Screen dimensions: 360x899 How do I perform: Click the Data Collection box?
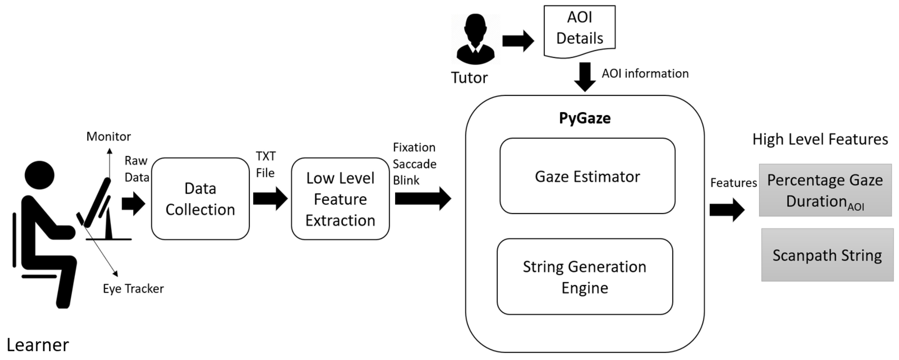pos(200,199)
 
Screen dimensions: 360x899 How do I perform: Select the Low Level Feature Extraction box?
pos(340,199)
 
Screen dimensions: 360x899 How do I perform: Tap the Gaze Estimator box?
pos(587,176)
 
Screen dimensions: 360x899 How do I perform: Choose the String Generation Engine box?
pos(584,277)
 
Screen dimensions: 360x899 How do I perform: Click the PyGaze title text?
pos(584,118)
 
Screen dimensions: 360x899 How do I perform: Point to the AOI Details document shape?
pos(579,30)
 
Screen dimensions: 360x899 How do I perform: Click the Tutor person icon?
pos(475,39)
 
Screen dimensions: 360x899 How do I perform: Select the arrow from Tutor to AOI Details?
pos(518,41)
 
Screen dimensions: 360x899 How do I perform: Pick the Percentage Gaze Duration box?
pos(825,190)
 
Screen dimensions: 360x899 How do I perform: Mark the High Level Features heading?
pos(820,139)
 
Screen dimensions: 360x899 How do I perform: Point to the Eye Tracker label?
pos(133,288)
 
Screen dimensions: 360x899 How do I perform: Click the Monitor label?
pos(109,136)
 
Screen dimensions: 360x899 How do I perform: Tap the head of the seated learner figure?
pos(40,175)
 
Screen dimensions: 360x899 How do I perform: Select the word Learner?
pos(38,345)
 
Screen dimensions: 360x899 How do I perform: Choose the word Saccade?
pos(414,164)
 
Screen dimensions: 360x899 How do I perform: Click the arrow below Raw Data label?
pos(133,203)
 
